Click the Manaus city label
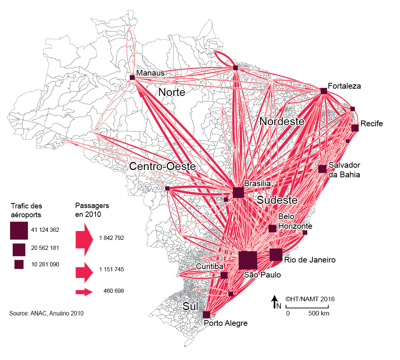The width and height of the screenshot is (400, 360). click(150, 73)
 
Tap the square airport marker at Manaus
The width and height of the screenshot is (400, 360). click(132, 78)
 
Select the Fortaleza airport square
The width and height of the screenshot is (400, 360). click(324, 91)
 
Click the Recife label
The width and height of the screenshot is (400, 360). click(372, 124)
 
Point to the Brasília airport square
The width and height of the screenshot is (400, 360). click(238, 192)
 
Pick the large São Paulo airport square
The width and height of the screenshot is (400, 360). click(248, 260)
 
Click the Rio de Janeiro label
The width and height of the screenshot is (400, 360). click(310, 260)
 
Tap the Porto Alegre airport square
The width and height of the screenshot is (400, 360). click(207, 315)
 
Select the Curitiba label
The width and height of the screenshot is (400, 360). click(210, 266)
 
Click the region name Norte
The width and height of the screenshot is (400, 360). click(172, 92)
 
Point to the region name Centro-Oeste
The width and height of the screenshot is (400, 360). click(162, 167)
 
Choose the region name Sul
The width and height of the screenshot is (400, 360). click(191, 306)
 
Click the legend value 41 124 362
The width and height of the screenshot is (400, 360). click(45, 230)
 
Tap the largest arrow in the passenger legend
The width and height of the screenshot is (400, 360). click(84, 238)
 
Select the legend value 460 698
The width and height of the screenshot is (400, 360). click(114, 291)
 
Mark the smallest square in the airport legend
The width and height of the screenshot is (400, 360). click(19, 264)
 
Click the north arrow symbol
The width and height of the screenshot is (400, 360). click(275, 302)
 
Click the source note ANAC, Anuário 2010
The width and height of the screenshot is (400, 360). click(46, 313)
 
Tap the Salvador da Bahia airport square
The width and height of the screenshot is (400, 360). click(322, 169)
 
